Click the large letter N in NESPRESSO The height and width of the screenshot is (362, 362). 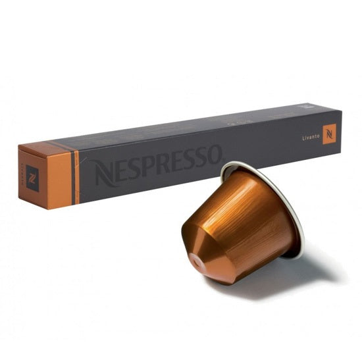[105, 172]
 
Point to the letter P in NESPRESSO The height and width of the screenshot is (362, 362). [149, 165]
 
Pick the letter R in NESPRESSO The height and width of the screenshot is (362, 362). [165, 162]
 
